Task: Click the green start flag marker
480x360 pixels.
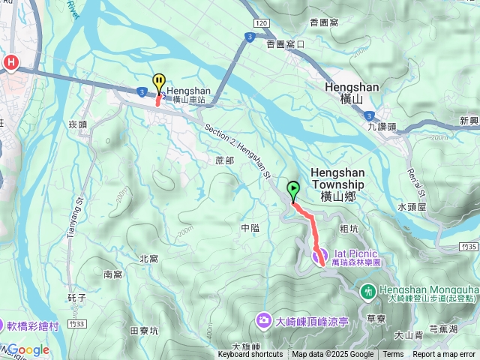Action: [x=292, y=190]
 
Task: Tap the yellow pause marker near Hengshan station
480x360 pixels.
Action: [x=159, y=82]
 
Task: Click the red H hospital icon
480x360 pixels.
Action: [x=11, y=63]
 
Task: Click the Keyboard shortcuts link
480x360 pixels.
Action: [x=250, y=355]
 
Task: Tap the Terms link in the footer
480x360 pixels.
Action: [x=393, y=355]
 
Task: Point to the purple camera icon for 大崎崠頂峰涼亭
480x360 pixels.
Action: [x=264, y=320]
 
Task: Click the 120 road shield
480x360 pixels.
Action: [x=261, y=25]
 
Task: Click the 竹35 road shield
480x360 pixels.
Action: [x=469, y=246]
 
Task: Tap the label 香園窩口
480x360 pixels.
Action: [x=285, y=44]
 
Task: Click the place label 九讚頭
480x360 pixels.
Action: [x=382, y=127]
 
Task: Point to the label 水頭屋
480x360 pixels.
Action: [x=412, y=205]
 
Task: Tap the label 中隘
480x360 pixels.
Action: [x=250, y=227]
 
